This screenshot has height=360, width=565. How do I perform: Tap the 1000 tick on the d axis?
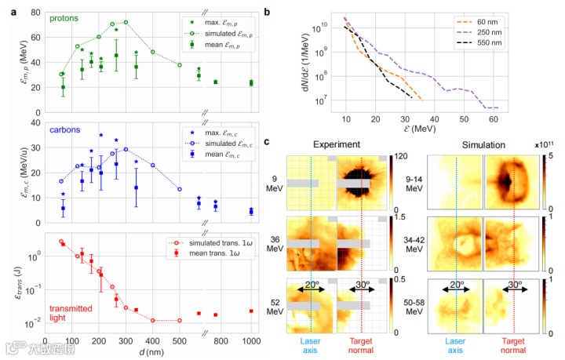click(x=252, y=343)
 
